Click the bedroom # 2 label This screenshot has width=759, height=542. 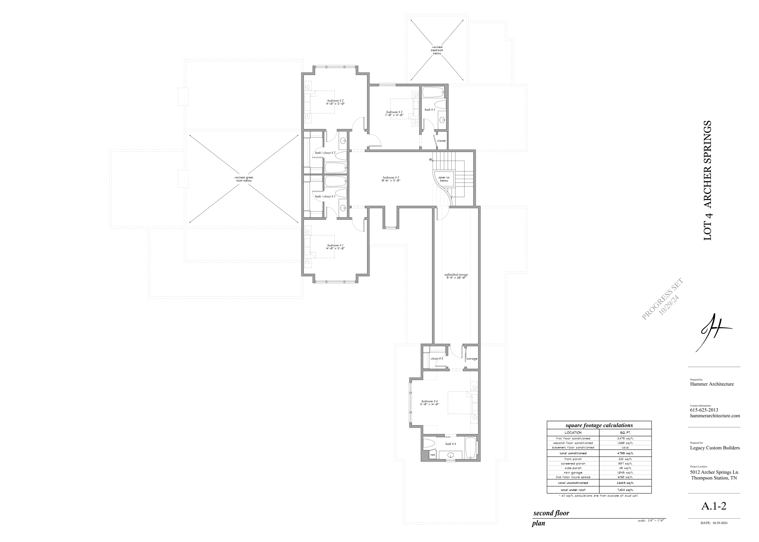point(335,101)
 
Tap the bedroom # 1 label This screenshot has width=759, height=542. point(335,245)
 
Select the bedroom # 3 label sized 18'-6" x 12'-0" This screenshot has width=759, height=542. point(391,178)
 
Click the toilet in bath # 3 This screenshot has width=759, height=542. point(441,104)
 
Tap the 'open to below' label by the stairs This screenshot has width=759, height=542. point(444,179)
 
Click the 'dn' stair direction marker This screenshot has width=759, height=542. point(431,160)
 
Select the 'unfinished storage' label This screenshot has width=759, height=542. point(456,275)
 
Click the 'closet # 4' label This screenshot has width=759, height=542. point(437,359)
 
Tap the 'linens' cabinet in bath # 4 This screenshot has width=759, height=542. point(432,455)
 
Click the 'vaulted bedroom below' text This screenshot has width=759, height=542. point(437,50)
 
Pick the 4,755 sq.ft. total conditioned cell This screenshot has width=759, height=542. point(625,453)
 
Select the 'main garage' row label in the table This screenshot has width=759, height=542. point(573,473)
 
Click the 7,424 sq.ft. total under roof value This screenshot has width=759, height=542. point(625,490)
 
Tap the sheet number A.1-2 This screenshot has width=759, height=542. point(713,506)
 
